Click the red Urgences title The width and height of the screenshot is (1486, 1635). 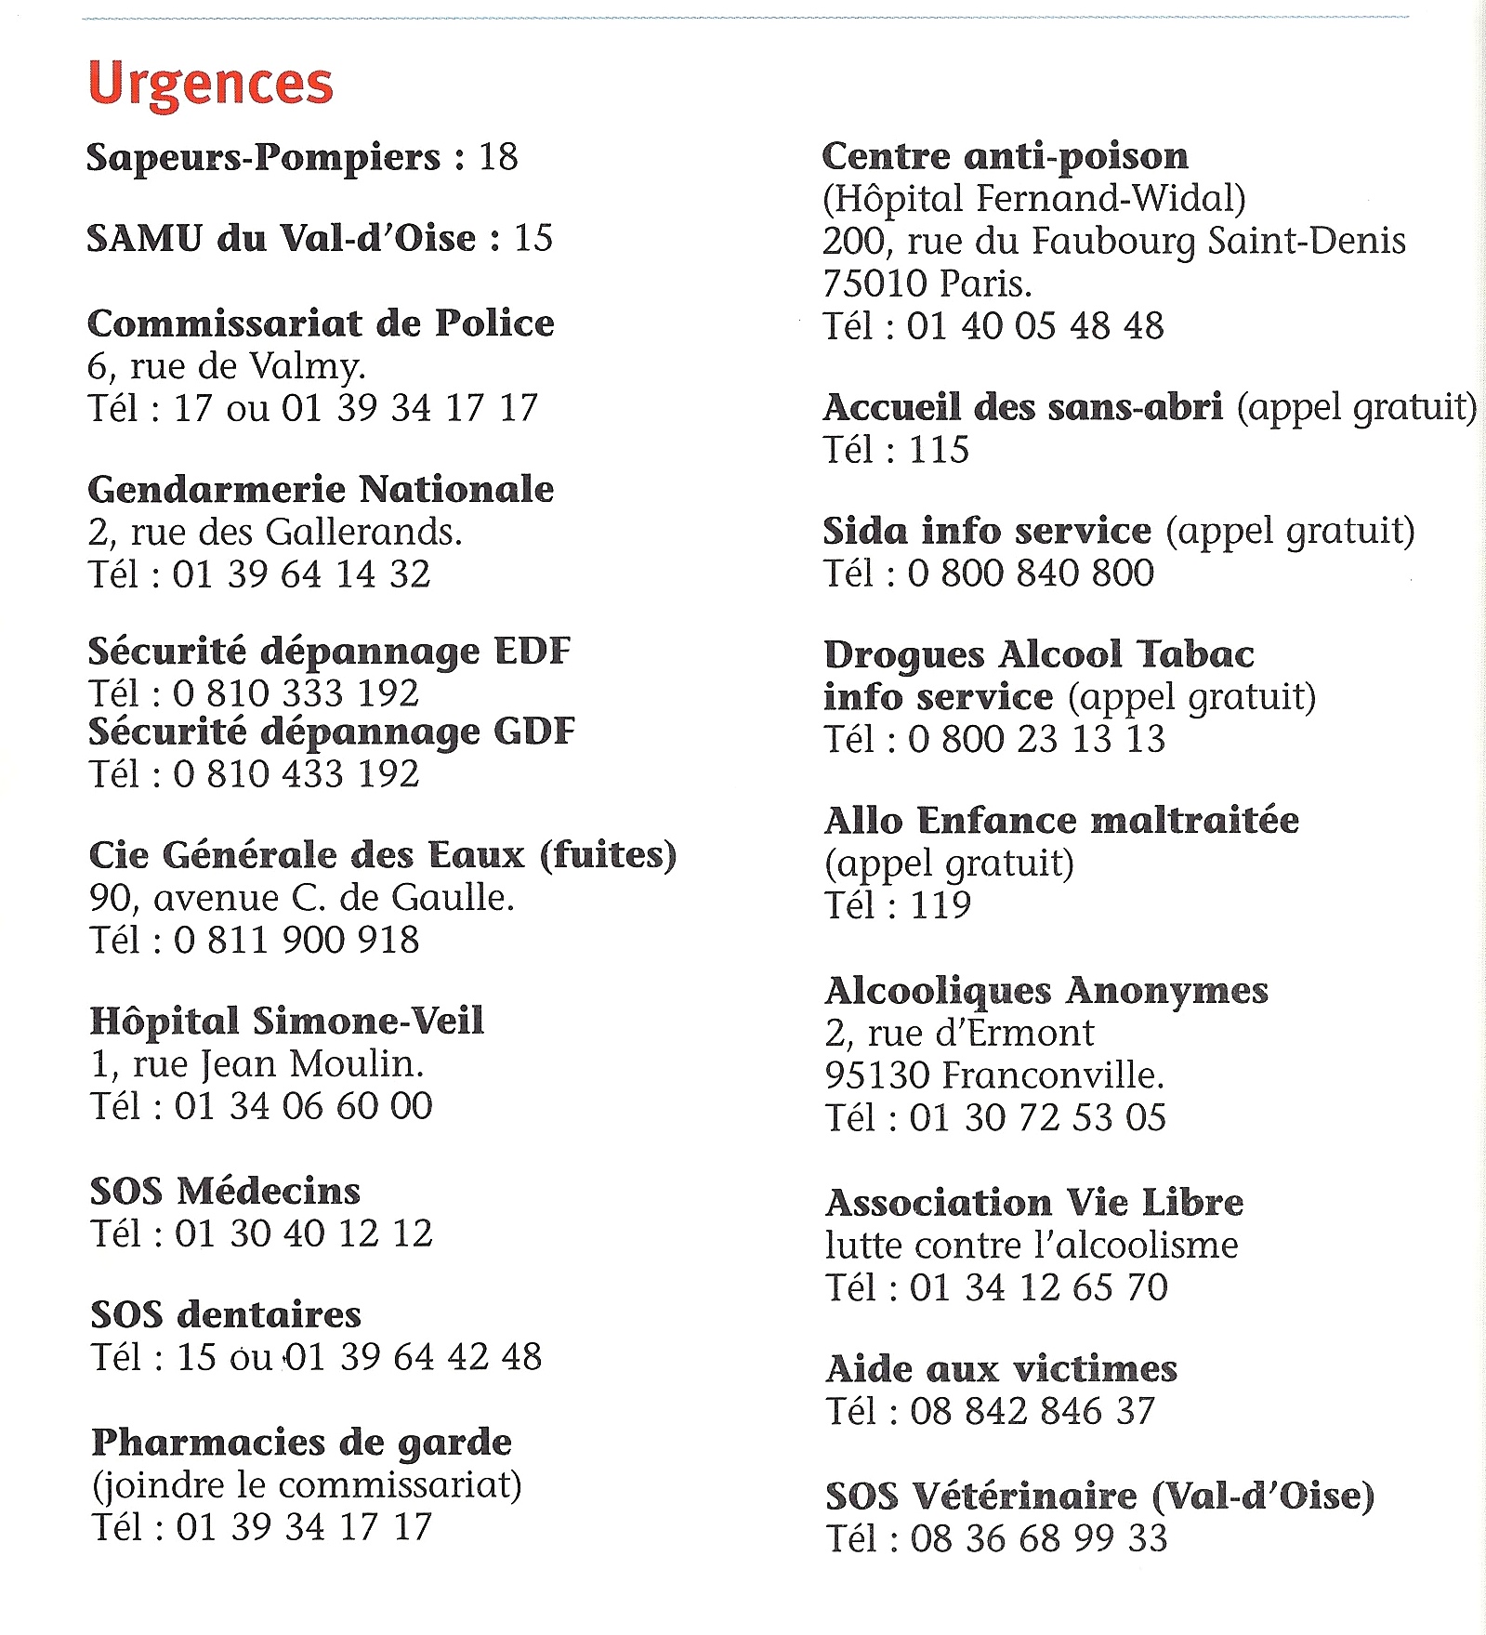pos(210,85)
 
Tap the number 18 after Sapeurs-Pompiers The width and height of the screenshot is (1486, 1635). pos(498,157)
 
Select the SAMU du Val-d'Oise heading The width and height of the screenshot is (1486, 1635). pos(282,239)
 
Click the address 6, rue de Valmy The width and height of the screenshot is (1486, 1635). pos(226,366)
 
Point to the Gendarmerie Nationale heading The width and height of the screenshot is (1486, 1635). pos(321,489)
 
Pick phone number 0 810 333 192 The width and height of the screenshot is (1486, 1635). pos(296,693)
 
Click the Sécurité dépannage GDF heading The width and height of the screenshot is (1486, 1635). pos(332,732)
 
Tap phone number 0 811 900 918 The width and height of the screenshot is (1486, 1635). pos(296,940)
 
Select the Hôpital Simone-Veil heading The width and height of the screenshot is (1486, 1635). pos(286,1022)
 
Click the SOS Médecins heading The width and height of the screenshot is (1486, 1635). pos(225,1192)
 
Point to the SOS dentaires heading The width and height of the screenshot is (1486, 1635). pos(226,1315)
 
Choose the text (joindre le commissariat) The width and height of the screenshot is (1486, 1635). pos(307,1484)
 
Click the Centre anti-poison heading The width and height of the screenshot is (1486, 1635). pos(1005,156)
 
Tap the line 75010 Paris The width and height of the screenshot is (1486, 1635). pos(927,283)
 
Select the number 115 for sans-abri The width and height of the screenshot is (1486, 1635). pos(939,450)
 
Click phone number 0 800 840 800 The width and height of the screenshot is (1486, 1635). pos(1030,573)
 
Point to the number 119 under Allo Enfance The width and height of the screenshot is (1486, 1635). pos(940,904)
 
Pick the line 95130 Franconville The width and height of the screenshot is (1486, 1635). pos(994,1075)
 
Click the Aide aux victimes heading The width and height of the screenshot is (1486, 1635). pos(1001,1369)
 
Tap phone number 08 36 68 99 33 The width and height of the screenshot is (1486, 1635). pos(1038,1538)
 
